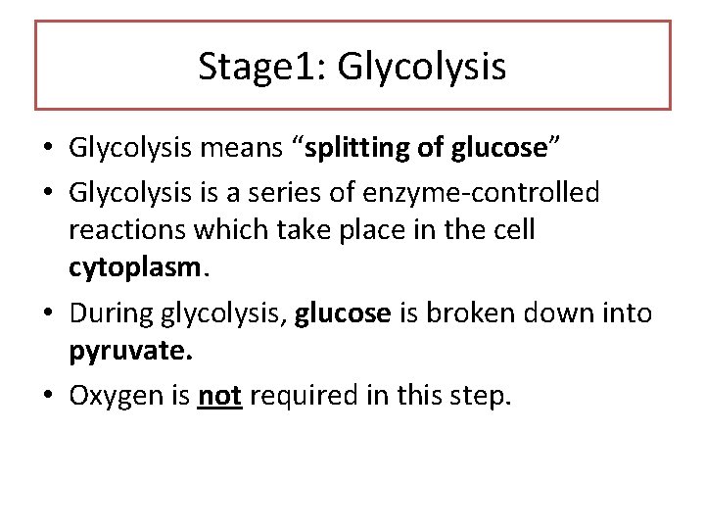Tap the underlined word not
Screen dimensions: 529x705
pos(220,397)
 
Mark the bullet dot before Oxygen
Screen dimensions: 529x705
pos(47,397)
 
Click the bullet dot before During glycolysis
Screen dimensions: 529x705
pos(47,313)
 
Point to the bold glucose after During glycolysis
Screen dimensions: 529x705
pos(343,313)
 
